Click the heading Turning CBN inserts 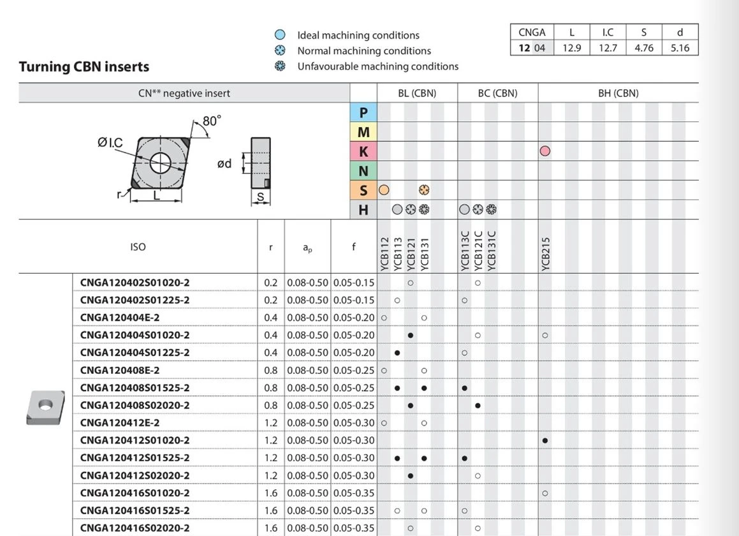point(84,67)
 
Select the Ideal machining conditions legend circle point(280,34)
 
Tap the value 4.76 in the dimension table point(644,48)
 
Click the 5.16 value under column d point(680,48)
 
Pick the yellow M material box point(363,132)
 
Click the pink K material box point(363,151)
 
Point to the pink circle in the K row point(545,151)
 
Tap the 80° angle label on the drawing point(212,121)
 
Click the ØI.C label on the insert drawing point(110,142)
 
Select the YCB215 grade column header point(545,254)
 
